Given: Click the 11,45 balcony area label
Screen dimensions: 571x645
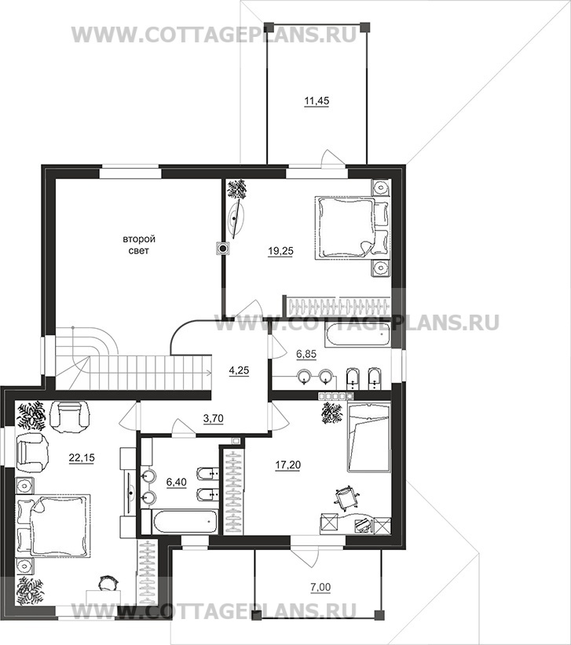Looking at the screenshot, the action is (x=317, y=100).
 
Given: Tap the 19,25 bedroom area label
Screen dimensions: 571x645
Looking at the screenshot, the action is (x=280, y=251).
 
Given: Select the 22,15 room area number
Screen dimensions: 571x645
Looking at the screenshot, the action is (x=82, y=457).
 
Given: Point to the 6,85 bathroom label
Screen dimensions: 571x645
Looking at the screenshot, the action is (x=306, y=354).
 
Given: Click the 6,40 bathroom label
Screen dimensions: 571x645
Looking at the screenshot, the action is (x=177, y=482).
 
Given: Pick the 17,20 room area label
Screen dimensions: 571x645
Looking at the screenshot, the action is (x=287, y=465).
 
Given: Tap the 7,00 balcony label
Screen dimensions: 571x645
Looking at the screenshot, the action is (x=321, y=588).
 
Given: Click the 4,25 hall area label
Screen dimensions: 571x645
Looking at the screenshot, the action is (x=239, y=370).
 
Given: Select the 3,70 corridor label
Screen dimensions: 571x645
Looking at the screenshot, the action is (x=214, y=419).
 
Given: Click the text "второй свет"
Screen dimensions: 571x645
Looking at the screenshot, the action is (x=139, y=245).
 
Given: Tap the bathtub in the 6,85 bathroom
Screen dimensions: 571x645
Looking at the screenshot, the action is (x=356, y=334).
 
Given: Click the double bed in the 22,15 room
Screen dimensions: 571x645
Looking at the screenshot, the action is (x=53, y=526).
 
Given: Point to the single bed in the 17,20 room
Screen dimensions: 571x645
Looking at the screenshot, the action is (x=368, y=437).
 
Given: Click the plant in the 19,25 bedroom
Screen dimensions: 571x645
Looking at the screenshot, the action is (x=236, y=189).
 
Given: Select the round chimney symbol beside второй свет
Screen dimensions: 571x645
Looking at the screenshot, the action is (x=223, y=249).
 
